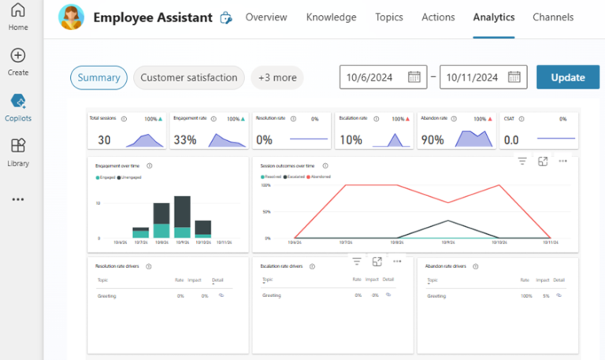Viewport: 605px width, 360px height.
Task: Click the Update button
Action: pyautogui.click(x=568, y=77)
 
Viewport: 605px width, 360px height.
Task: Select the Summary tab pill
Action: pyautogui.click(x=98, y=77)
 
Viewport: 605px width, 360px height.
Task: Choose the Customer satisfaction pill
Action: pyautogui.click(x=188, y=77)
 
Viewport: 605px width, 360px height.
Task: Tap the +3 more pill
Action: pyautogui.click(x=277, y=77)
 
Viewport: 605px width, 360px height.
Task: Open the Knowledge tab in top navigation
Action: pyautogui.click(x=331, y=17)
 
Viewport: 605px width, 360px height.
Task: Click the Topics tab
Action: pyautogui.click(x=389, y=17)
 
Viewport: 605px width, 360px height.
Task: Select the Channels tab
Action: pyautogui.click(x=553, y=17)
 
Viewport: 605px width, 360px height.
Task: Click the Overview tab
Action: pyautogui.click(x=266, y=17)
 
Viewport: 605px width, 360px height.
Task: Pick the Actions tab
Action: pyautogui.click(x=438, y=17)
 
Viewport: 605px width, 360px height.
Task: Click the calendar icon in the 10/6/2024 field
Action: pyautogui.click(x=414, y=77)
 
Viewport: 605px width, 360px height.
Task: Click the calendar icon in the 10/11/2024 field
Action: pyautogui.click(x=514, y=77)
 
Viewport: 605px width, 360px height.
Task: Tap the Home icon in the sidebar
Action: pyautogui.click(x=18, y=11)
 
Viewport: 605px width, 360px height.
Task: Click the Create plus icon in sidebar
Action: pyautogui.click(x=18, y=55)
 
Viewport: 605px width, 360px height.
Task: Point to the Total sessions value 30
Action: pyautogui.click(x=104, y=140)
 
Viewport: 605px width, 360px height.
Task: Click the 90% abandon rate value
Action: pyautogui.click(x=432, y=140)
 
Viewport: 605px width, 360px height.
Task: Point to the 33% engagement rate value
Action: pyautogui.click(x=185, y=140)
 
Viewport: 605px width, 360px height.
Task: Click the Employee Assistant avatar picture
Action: pyautogui.click(x=72, y=17)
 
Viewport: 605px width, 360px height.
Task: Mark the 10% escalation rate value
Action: pyautogui.click(x=351, y=140)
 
